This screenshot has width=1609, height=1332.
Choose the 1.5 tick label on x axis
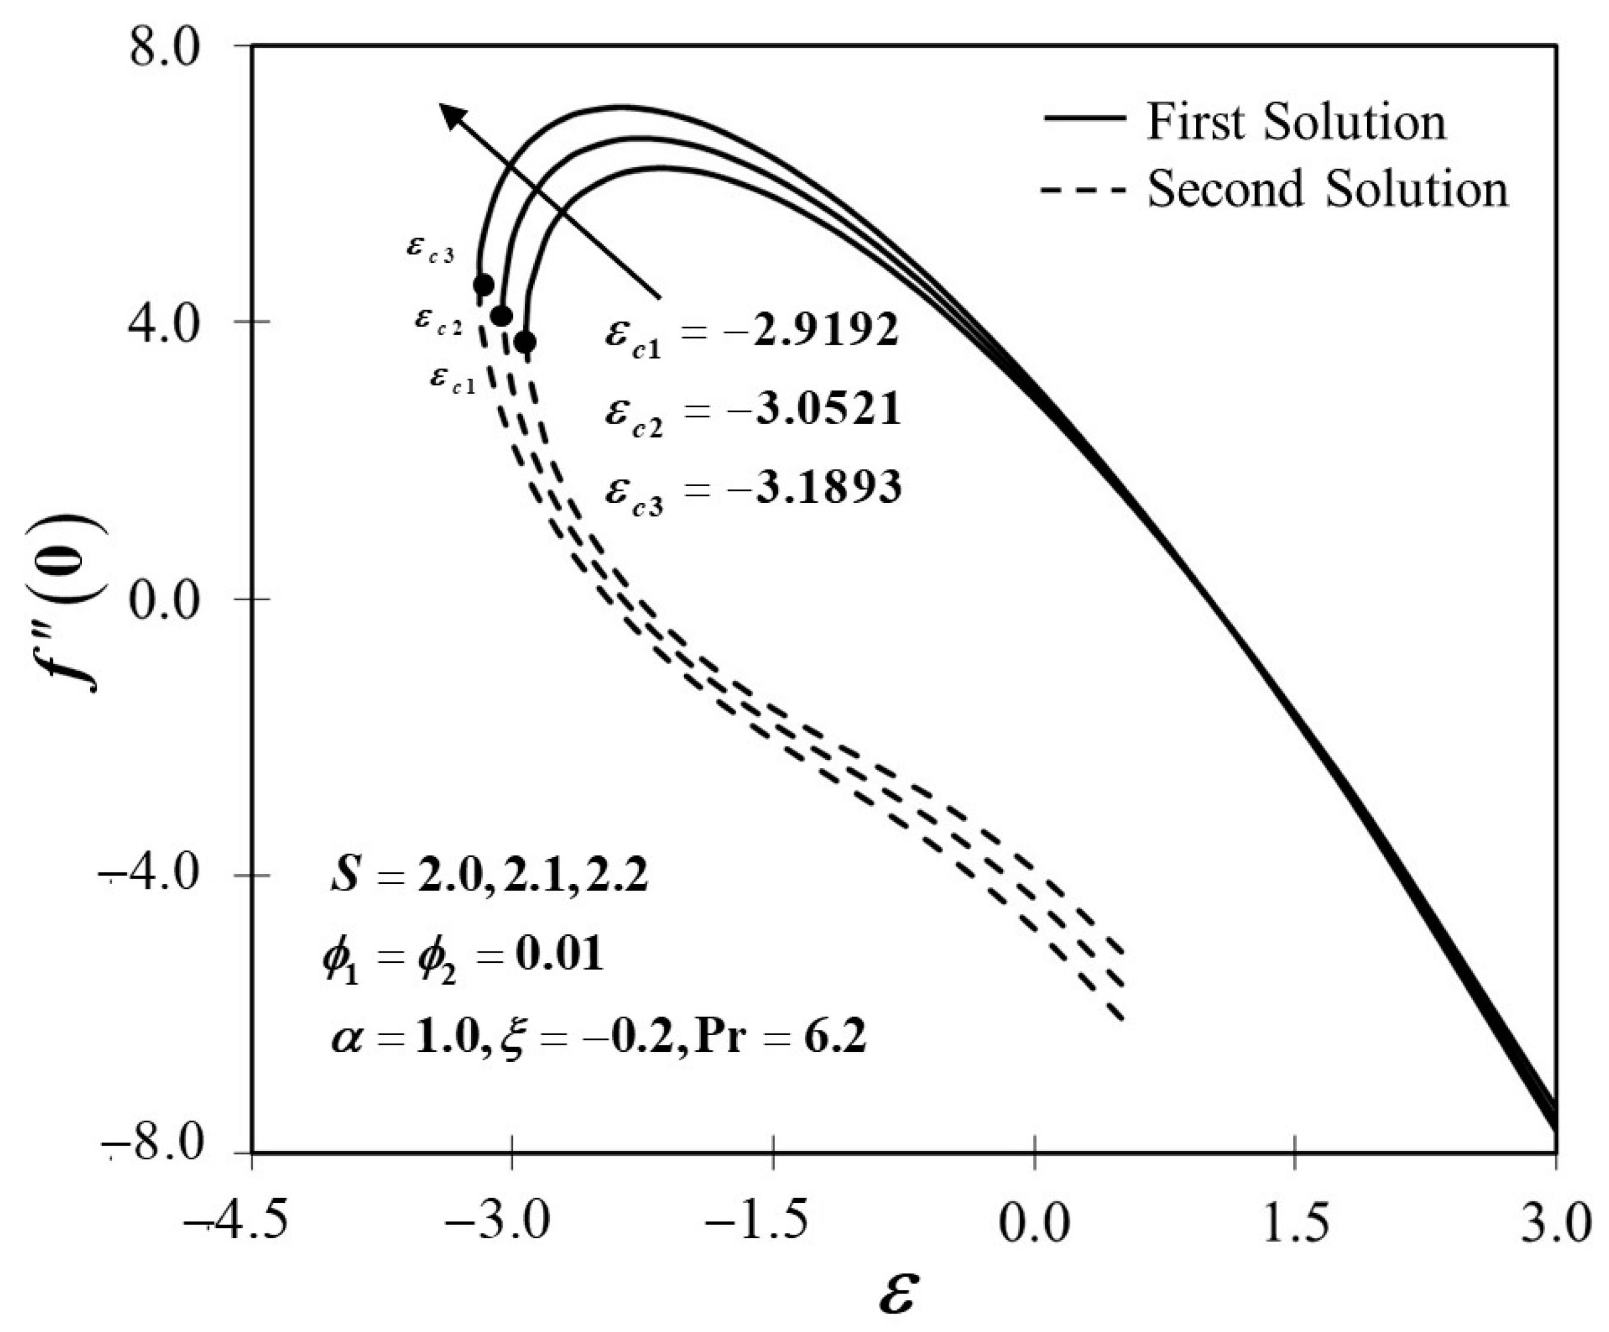point(1295,1223)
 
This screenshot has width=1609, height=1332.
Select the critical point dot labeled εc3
point(484,285)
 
